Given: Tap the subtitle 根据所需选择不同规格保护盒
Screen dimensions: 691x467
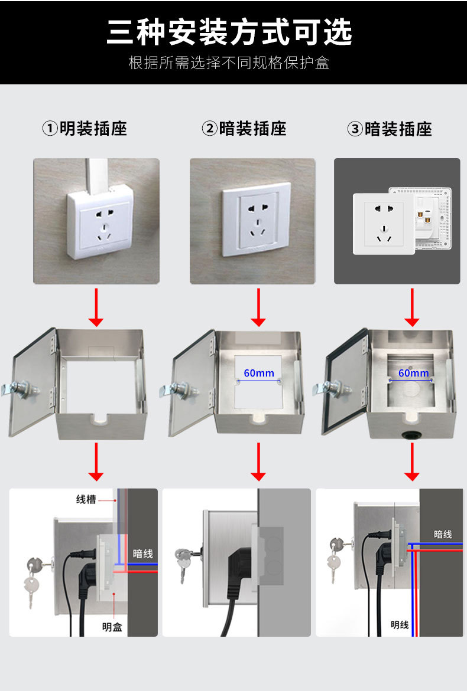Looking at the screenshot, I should pos(229,63).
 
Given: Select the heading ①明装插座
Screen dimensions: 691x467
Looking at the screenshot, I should pos(85,129).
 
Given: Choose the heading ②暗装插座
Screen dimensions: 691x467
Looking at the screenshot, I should pos(244,129).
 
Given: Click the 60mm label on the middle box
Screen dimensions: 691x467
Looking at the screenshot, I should pos(259,373).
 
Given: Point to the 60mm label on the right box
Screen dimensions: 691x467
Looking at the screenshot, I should pos(413,373).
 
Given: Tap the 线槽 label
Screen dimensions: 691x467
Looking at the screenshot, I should pos(86,499).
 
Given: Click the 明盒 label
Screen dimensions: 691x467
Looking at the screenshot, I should pos(112,627).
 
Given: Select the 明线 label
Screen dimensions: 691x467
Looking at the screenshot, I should pos(400,625).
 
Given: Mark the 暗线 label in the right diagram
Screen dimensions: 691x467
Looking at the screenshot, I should pos(443,534).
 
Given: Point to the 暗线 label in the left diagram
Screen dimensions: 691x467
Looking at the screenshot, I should pos(142,554).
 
